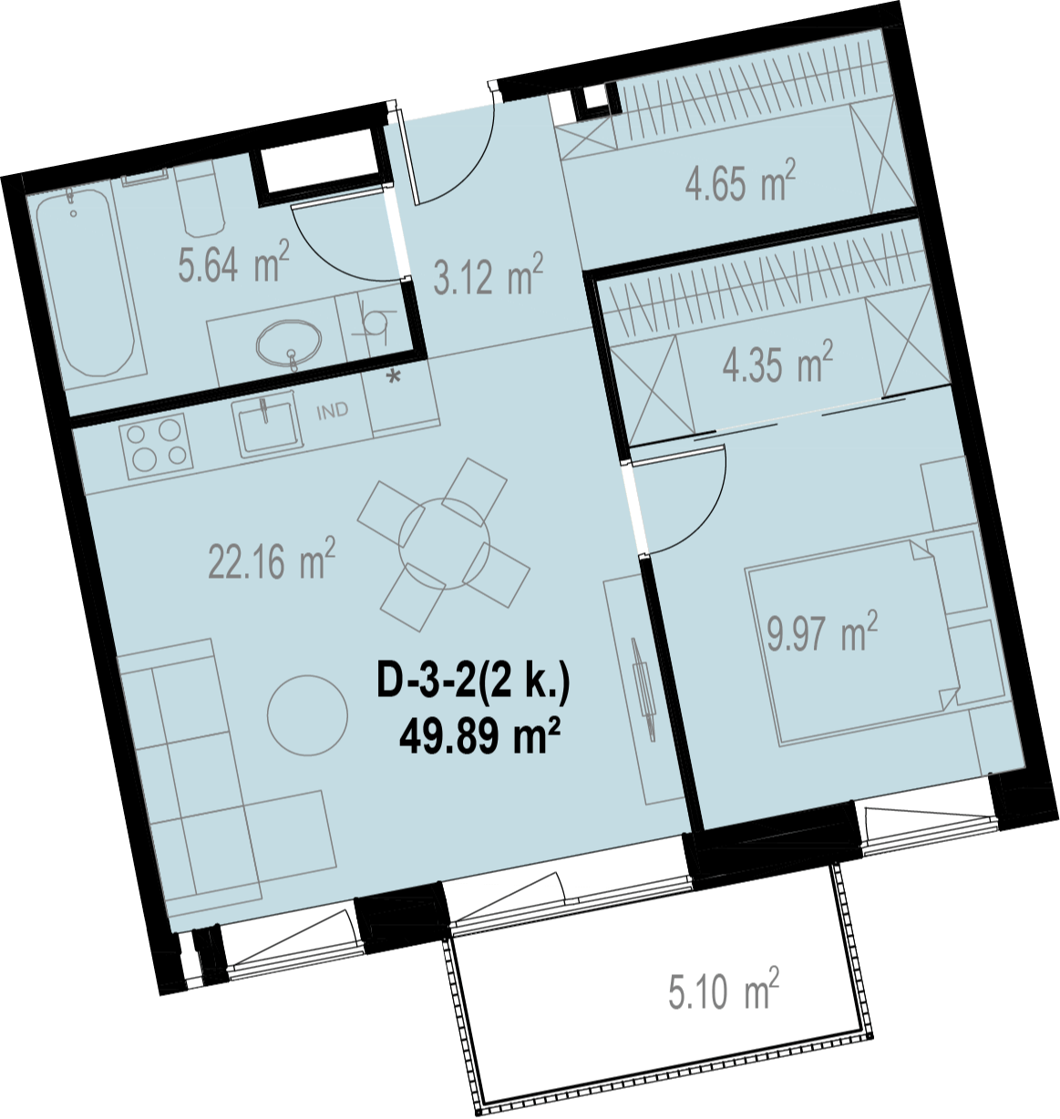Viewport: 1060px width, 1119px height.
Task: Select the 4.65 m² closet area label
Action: [x=740, y=180]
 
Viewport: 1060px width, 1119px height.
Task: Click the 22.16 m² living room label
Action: [x=273, y=559]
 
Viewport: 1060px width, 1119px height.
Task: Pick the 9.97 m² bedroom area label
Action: [x=822, y=631]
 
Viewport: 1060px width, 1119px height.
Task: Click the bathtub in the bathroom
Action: [x=86, y=282]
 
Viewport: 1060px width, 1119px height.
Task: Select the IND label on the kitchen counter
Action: [x=333, y=410]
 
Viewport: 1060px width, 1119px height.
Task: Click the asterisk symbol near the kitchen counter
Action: [x=394, y=376]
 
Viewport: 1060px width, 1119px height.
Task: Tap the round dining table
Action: [x=444, y=544]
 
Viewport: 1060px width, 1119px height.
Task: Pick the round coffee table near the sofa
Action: [x=307, y=715]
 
